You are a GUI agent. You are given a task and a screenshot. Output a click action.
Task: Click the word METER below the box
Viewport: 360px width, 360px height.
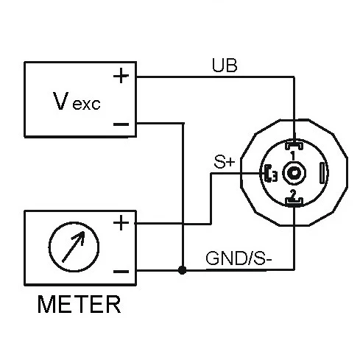click(x=80, y=305)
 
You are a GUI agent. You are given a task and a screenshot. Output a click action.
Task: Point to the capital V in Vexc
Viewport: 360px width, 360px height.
click(x=61, y=100)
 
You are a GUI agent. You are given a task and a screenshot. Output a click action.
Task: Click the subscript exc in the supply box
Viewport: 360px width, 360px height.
click(x=86, y=105)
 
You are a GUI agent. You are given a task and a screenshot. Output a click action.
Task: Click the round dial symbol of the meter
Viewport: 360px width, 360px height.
click(x=72, y=247)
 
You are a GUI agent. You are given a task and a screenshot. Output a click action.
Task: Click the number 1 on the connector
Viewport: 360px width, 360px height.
click(x=293, y=156)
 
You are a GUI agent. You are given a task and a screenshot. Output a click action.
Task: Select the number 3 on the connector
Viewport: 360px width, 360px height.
click(x=273, y=175)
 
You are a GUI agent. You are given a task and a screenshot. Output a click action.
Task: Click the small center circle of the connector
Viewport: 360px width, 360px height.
click(x=294, y=174)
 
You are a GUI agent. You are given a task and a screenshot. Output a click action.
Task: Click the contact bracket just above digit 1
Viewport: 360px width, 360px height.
click(x=293, y=145)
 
